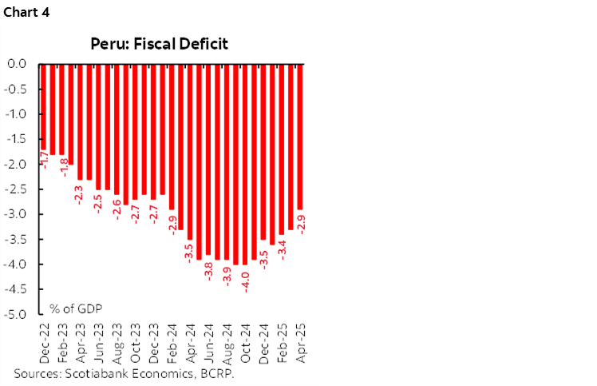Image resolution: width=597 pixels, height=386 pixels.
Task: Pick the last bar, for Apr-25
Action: [x=299, y=136]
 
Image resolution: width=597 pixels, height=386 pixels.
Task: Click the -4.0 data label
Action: [x=245, y=282]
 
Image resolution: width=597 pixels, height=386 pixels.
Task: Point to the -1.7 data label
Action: [x=45, y=157]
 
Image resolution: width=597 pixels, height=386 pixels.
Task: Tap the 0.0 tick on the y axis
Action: [x=18, y=64]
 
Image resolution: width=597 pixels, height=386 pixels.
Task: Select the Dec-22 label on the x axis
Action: [x=43, y=339]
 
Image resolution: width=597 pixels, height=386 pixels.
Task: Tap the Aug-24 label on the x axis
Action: [x=227, y=339]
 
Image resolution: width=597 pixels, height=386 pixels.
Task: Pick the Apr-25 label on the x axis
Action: [x=299, y=339]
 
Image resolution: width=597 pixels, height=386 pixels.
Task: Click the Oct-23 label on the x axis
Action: [x=135, y=339]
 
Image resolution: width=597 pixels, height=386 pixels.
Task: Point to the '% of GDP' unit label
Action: [x=76, y=308]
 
